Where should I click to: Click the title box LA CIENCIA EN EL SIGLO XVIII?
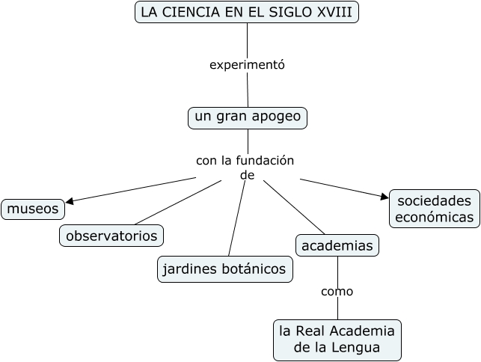247,12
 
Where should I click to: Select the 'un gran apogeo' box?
247,117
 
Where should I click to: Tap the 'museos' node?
33,209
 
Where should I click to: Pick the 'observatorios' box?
111,236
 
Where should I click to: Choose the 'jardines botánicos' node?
225,269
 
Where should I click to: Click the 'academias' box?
337,245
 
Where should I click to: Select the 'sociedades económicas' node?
435,209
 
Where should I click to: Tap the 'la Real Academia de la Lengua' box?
337,339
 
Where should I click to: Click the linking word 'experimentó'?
247,64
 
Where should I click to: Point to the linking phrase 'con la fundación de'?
245,168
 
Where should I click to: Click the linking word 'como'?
337,291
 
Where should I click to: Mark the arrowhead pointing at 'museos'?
70,200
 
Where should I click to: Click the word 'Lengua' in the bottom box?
358,348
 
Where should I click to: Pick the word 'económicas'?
435,218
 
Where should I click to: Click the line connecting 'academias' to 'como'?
337,269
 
